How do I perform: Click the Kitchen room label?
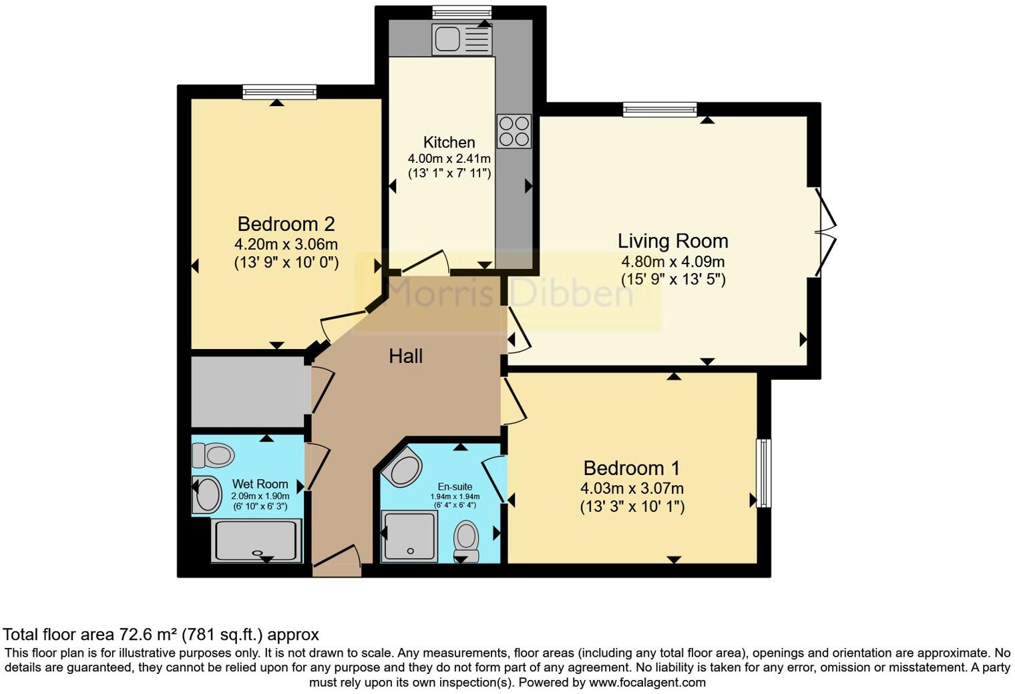tap(449, 142)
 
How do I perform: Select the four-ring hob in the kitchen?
tap(514, 131)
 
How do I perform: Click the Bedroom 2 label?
tap(286, 224)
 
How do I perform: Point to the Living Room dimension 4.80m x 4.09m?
tap(672, 262)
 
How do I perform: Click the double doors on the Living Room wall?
tap(825, 232)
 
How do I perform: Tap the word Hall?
tap(405, 356)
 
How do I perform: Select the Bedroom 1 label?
tap(632, 468)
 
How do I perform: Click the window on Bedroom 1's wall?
tap(763, 472)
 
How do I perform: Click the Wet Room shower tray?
tap(256, 541)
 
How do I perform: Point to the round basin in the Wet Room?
tap(208, 495)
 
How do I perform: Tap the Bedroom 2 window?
tap(279, 92)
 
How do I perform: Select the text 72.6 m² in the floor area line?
tap(149, 634)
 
